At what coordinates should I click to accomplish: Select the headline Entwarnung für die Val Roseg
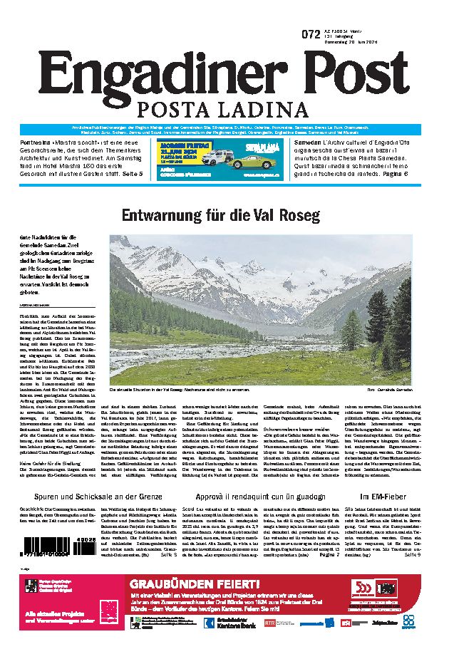220,215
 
